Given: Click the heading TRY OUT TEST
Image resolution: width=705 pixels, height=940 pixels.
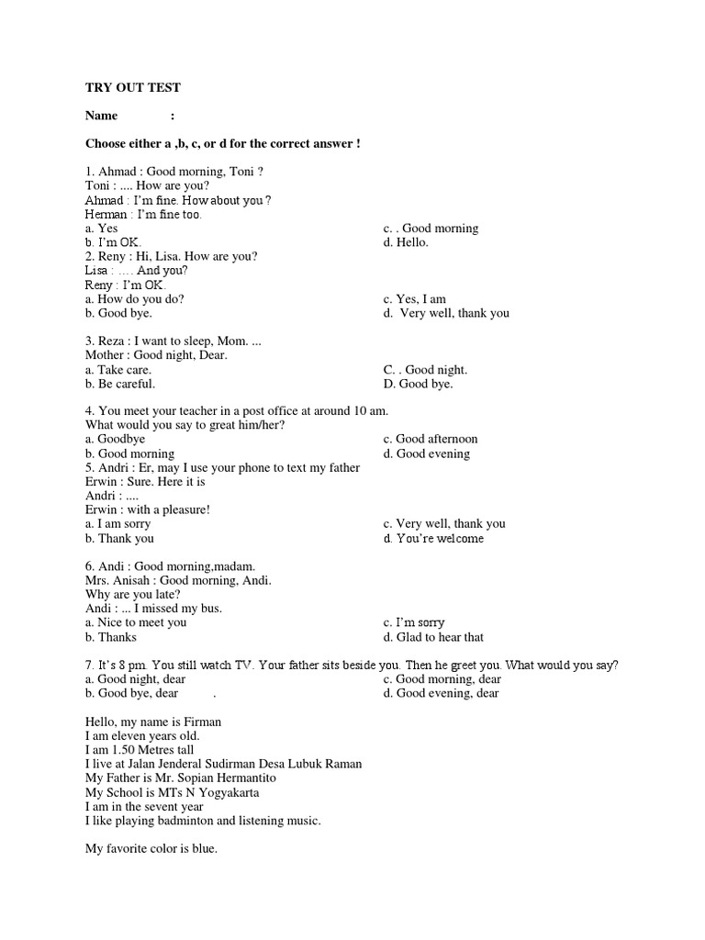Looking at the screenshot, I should pyautogui.click(x=133, y=87).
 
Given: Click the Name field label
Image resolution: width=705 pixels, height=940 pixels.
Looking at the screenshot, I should pyautogui.click(x=102, y=116).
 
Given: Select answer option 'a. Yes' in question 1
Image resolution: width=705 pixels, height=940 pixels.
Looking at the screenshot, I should pyautogui.click(x=102, y=229).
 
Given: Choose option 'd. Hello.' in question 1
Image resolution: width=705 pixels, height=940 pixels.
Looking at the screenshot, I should pyautogui.click(x=407, y=242).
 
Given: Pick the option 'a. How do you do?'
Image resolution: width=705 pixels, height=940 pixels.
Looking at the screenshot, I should pyautogui.click(x=140, y=299).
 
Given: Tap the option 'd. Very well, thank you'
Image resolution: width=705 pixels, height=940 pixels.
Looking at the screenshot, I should pyautogui.click(x=446, y=313).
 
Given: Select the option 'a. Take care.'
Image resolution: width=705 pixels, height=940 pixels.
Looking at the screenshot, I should pyautogui.click(x=118, y=370).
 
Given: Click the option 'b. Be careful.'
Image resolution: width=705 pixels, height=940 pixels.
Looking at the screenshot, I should pyautogui.click(x=120, y=384).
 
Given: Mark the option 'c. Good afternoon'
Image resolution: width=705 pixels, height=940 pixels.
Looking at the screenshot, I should pyautogui.click(x=431, y=440).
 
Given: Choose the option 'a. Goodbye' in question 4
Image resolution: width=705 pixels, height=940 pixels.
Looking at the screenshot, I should pyautogui.click(x=116, y=440).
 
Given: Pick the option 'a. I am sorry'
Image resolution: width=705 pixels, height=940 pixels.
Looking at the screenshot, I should pyautogui.click(x=118, y=524).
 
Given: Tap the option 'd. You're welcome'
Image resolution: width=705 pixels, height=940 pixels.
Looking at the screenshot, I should pyautogui.click(x=434, y=539).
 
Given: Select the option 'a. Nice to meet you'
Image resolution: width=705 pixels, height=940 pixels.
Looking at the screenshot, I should pyautogui.click(x=136, y=623).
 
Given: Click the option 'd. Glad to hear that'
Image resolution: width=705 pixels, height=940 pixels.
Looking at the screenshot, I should pyautogui.click(x=433, y=637).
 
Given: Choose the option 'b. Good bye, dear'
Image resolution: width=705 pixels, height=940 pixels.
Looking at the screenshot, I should pyautogui.click(x=132, y=694).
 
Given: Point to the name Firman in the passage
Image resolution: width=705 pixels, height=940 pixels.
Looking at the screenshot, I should pyautogui.click(x=203, y=722).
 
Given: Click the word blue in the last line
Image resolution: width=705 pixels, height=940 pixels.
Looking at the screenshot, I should pyautogui.click(x=204, y=849).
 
